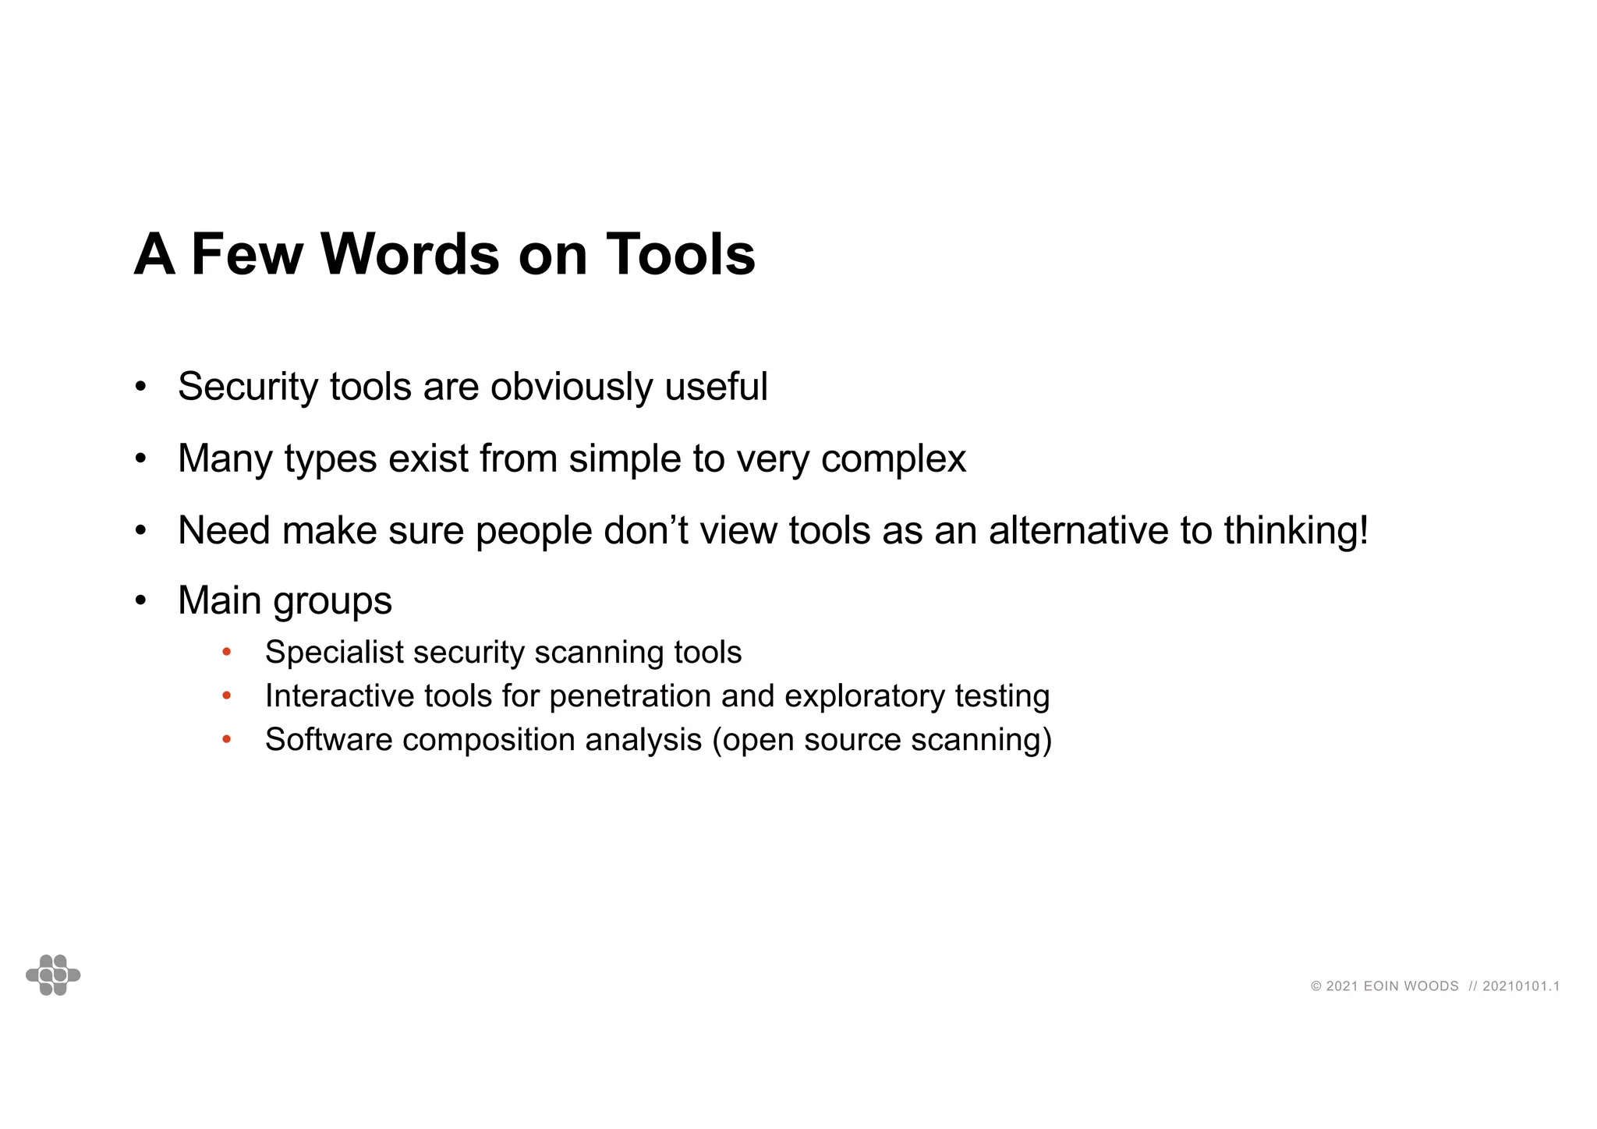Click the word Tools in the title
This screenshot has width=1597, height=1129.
pyautogui.click(x=680, y=254)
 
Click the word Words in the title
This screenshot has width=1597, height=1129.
pyautogui.click(x=409, y=254)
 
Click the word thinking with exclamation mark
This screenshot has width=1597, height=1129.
pyautogui.click(x=1295, y=531)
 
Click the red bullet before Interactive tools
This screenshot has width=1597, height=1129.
pyautogui.click(x=227, y=695)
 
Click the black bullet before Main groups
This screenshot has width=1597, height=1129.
pyautogui.click(x=140, y=600)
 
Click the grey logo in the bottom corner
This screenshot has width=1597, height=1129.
pyautogui.click(x=53, y=975)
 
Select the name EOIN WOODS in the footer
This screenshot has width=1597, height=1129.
pyautogui.click(x=1411, y=986)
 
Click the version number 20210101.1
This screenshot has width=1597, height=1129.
pyautogui.click(x=1521, y=986)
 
